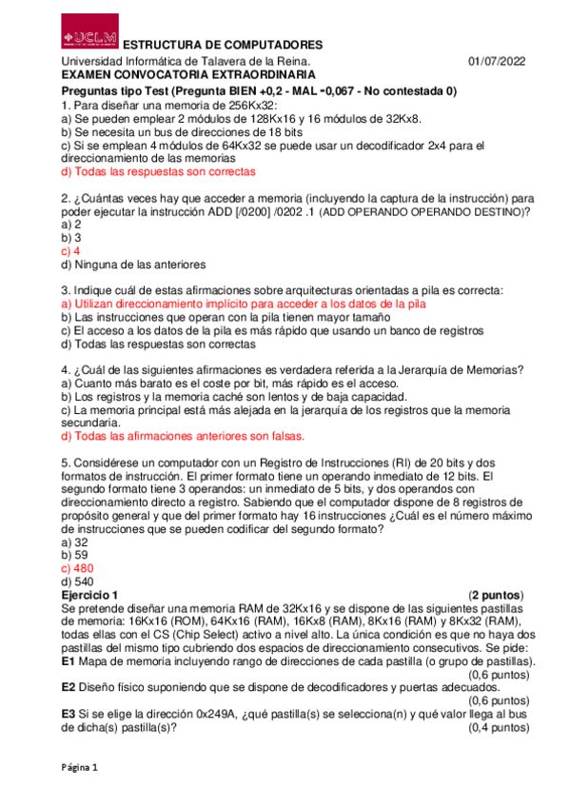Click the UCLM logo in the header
90,30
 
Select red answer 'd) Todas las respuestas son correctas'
158,172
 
